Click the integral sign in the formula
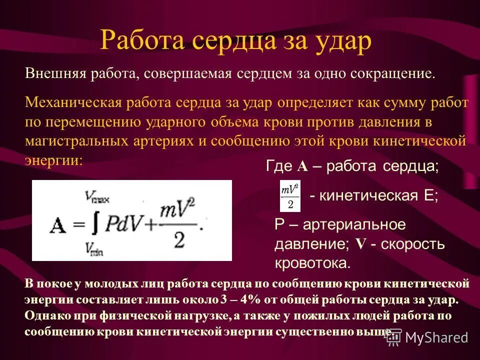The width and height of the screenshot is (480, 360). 94,222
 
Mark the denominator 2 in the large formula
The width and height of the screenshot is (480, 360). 179,240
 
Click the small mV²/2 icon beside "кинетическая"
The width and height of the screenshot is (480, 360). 289,196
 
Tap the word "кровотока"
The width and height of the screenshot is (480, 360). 312,263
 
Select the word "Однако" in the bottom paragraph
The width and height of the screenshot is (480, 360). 43,316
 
